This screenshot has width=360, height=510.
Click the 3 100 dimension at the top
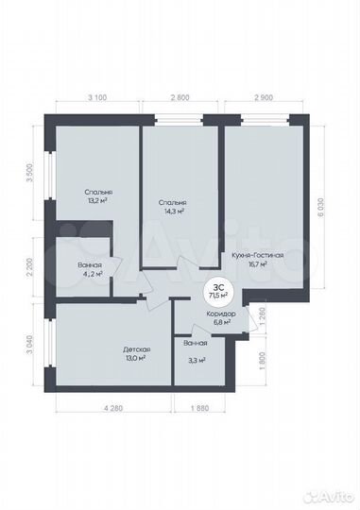[x=95, y=98]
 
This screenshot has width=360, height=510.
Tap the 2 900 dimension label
[x=265, y=98]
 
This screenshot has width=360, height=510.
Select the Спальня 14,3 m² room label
[x=172, y=207]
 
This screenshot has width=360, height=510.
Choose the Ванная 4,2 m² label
[x=91, y=270]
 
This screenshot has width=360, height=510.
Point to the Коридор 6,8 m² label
[x=220, y=318]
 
